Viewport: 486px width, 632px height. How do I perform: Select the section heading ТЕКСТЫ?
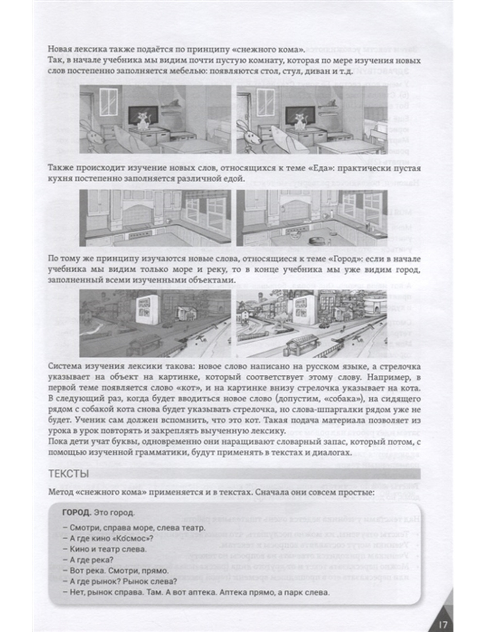coord(69,474)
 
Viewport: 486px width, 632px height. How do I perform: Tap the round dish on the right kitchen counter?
coord(316,239)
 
